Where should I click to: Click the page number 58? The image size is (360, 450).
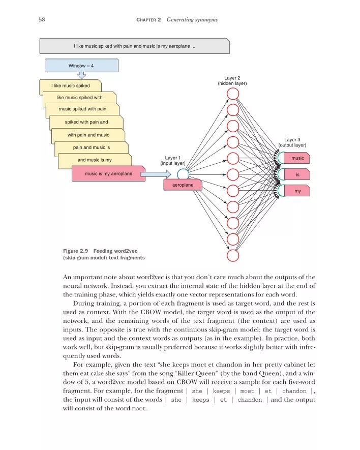42,19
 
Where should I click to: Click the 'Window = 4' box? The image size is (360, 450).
81,66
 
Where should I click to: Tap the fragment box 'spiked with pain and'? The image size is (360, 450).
86,123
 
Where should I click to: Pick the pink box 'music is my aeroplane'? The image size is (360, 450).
108,174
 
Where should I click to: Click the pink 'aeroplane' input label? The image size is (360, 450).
183,186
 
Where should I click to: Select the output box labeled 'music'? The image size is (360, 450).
297,158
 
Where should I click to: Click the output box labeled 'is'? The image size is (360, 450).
297,174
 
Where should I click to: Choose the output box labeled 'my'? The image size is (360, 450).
297,191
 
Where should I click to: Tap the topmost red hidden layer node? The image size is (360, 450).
232,94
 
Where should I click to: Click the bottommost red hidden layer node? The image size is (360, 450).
232,255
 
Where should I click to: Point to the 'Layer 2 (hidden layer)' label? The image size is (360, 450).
232,80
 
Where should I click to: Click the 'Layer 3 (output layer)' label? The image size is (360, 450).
292,142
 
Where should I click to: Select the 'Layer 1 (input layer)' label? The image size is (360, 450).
173,161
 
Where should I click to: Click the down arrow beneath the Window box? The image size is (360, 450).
81,76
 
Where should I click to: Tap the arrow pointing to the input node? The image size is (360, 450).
155,174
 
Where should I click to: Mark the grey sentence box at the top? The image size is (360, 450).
134,47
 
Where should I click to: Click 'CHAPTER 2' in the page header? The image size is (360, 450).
148,19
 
